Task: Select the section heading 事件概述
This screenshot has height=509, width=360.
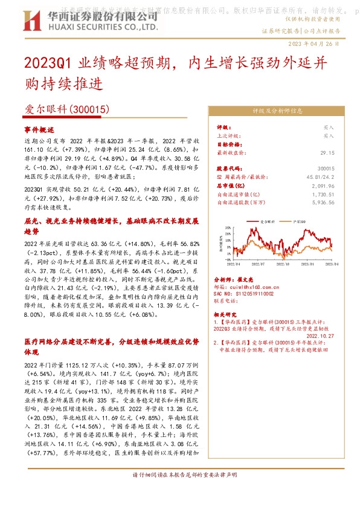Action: tap(39, 130)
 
